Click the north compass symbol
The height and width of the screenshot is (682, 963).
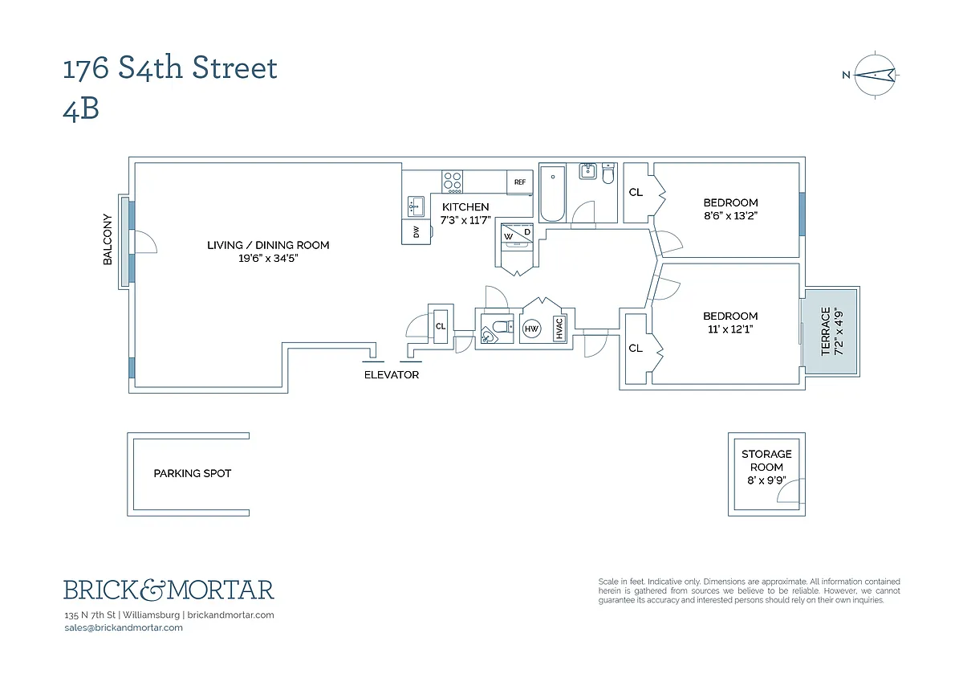pos(875,76)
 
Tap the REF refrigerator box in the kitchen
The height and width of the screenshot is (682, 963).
pos(519,182)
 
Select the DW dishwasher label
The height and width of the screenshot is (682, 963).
pos(416,232)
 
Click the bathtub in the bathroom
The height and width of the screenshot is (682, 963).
pos(553,194)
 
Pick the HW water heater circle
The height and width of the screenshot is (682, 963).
pos(531,329)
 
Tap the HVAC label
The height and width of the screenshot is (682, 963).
pos(559,329)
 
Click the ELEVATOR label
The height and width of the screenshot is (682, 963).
pos(392,375)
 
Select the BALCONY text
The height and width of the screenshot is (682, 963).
pos(108,239)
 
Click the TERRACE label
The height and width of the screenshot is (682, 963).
pos(826,331)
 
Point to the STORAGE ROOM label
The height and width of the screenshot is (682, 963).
pos(766,460)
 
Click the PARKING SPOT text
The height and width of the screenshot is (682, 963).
pos(193,474)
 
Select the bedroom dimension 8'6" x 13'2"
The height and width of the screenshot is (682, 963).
pos(730,215)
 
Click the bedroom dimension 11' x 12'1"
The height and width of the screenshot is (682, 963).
pos(730,329)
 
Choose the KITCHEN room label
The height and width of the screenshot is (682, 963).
pos(465,207)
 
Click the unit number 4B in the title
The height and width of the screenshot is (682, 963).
pos(81,110)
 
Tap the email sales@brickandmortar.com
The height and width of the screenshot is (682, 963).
pos(124,627)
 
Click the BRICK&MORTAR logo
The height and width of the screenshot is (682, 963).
pos(169,590)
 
